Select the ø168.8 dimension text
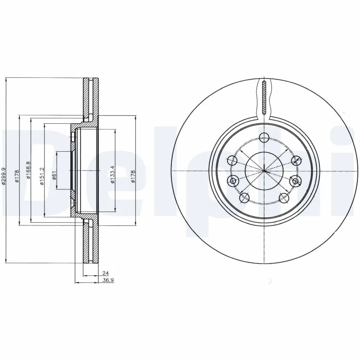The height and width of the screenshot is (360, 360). [x=28, y=171]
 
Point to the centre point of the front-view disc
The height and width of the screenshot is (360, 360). [x=265, y=171]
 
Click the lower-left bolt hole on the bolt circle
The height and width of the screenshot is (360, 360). [x=245, y=197]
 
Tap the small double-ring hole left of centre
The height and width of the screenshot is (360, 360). [x=233, y=181]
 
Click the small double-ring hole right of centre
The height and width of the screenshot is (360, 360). [x=296, y=181]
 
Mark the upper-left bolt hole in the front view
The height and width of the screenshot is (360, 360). [x=232, y=159]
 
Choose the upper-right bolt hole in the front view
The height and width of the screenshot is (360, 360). [x=297, y=159]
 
